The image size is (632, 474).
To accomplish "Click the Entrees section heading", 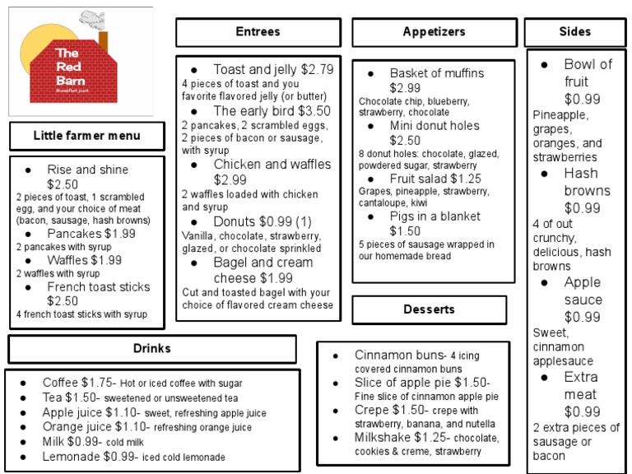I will [258, 32].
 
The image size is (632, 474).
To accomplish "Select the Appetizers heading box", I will [434, 32].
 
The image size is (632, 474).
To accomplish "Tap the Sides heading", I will [574, 32].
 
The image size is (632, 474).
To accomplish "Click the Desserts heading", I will [429, 309].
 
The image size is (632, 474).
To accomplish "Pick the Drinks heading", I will [151, 348].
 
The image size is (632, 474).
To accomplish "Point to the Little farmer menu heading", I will [86, 136].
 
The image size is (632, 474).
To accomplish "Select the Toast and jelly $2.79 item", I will [272, 69].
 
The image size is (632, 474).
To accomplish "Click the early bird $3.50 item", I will [271, 110].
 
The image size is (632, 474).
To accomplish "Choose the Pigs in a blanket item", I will [437, 215].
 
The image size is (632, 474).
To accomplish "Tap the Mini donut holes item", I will [434, 126].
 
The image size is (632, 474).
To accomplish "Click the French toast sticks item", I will [98, 287].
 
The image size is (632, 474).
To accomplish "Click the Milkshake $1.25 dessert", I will [391, 437].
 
